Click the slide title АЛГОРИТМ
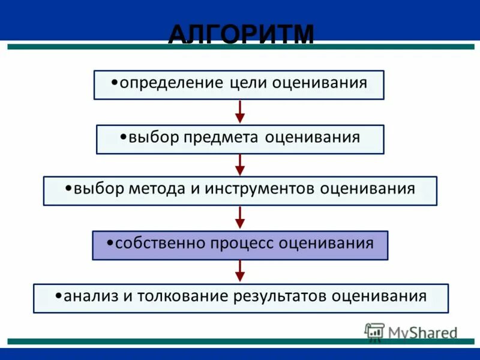[241, 34]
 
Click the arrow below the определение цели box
[240, 112]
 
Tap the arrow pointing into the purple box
[240, 217]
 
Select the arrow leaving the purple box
[240, 271]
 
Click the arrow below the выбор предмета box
[240, 164]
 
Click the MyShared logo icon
[374, 332]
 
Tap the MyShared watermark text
[422, 332]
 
